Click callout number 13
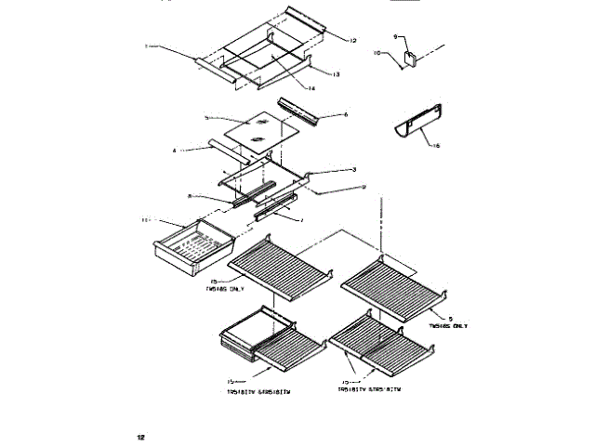tap(337, 73)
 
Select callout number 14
tap(312, 88)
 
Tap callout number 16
tap(436, 147)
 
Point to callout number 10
tap(377, 53)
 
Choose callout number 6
tap(345, 115)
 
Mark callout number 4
tap(174, 149)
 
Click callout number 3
tap(353, 170)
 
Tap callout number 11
tap(144, 220)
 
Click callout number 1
tap(146, 45)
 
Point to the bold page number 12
tap(141, 435)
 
